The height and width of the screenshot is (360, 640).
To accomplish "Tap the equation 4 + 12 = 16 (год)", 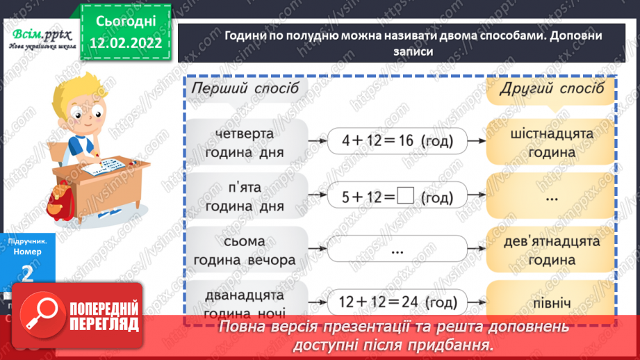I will click(398, 141).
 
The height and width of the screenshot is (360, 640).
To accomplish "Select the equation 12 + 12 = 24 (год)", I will click(398, 302).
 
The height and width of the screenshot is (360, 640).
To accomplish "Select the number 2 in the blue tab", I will click(28, 274).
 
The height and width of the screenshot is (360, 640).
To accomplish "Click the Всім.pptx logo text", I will click(40, 35).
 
